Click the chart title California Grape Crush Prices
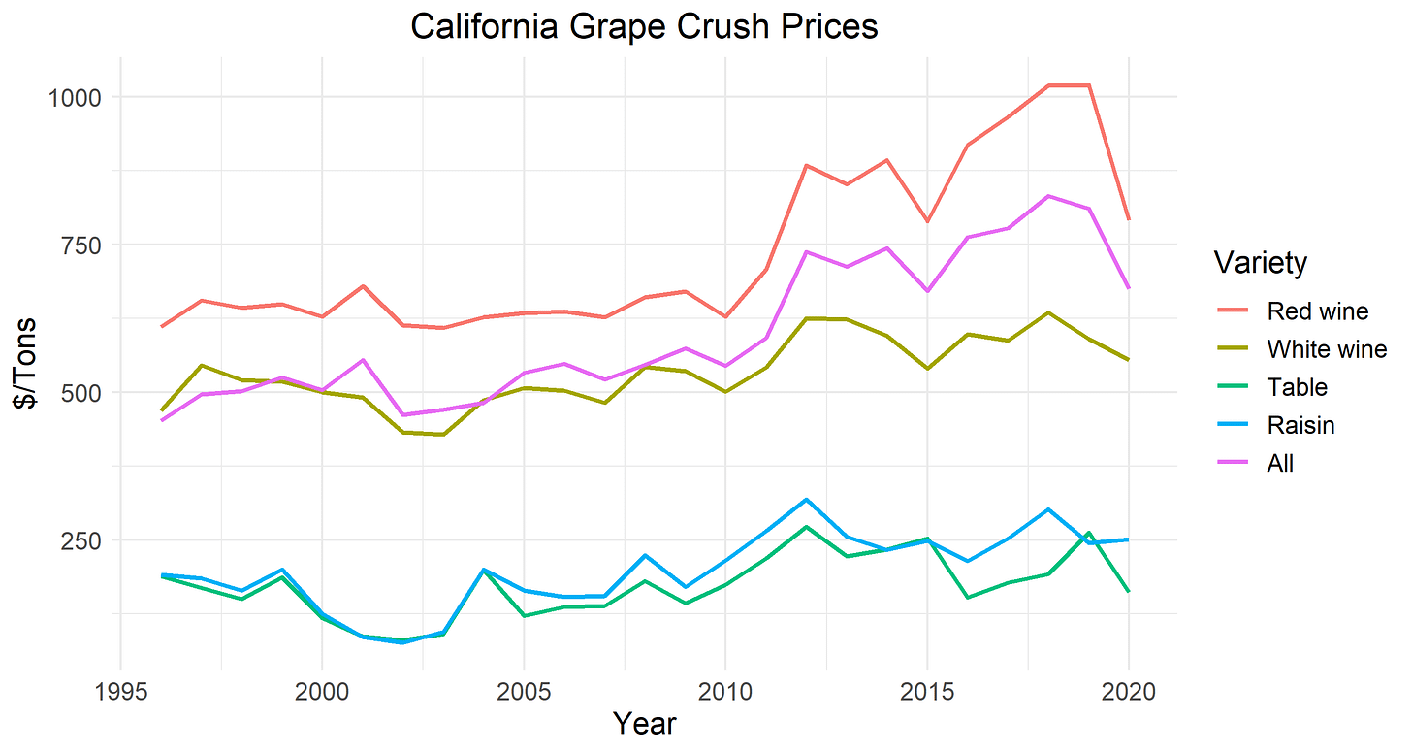coord(644,26)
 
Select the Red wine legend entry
coord(1317,311)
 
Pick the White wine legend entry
coord(1327,349)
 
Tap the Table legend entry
coord(1297,387)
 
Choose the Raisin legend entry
coord(1300,425)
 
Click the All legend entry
coord(1280,464)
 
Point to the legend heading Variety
coord(1260,263)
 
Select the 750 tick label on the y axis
coord(79,245)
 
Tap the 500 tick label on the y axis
coord(79,392)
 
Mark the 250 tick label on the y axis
coord(79,539)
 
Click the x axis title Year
coord(644,724)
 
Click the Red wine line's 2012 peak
coord(806,165)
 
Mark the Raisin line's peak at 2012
coord(806,499)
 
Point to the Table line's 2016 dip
coord(967,597)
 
